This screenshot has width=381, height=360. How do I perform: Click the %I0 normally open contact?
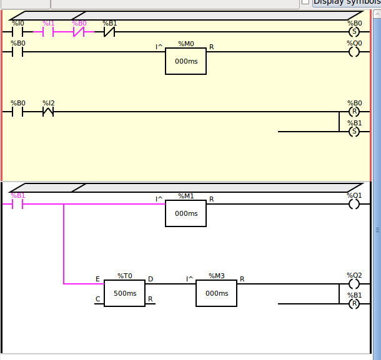[x=17, y=31]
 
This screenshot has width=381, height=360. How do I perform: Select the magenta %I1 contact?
[x=48, y=31]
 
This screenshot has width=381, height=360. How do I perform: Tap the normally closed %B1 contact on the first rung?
[x=109, y=31]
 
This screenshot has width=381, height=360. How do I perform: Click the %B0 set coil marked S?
[x=354, y=31]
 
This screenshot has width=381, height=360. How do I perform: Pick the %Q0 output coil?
[x=354, y=52]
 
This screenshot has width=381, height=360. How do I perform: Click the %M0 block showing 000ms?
[x=186, y=61]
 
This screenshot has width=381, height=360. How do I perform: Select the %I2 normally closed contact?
[x=48, y=112]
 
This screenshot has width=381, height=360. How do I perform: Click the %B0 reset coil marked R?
[x=354, y=112]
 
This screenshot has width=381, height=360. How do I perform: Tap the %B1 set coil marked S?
[x=354, y=132]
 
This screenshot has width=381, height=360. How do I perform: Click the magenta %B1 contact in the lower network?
[x=17, y=204]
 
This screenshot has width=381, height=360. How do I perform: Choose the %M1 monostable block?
[x=186, y=213]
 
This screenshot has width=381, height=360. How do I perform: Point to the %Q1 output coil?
[x=354, y=204]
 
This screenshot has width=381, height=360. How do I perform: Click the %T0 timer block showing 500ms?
[x=124, y=293]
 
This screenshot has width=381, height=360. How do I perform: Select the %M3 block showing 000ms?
[x=216, y=293]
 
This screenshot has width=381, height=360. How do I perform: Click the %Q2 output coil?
[x=354, y=284]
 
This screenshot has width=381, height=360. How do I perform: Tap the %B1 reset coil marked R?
[x=354, y=304]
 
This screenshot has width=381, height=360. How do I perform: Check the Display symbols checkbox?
[x=305, y=2]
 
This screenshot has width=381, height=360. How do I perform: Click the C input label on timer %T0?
[x=97, y=299]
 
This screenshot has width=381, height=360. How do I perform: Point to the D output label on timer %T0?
[x=151, y=279]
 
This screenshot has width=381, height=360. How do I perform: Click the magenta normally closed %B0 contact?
[x=79, y=31]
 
